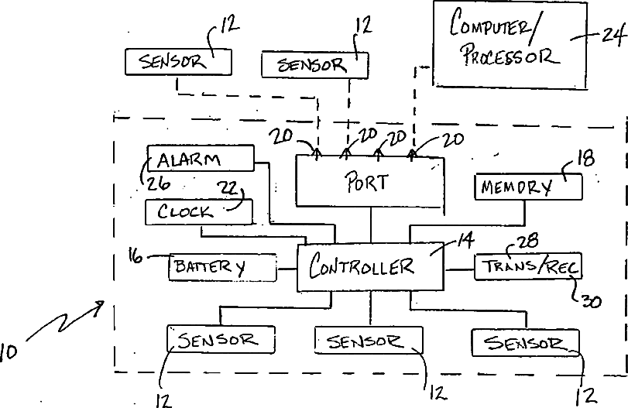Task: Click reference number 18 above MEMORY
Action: click(x=586, y=158)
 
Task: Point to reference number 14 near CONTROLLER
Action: click(x=465, y=239)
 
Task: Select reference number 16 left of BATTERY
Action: click(x=136, y=255)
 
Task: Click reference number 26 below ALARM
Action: click(x=159, y=183)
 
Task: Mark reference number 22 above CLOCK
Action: click(x=227, y=187)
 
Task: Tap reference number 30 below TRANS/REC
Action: click(x=591, y=301)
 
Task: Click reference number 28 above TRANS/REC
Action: click(x=528, y=241)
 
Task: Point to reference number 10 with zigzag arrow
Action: click(x=8, y=352)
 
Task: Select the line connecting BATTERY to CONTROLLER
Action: click(x=287, y=269)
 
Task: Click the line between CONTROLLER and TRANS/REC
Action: click(x=459, y=269)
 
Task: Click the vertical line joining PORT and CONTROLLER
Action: click(x=371, y=225)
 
